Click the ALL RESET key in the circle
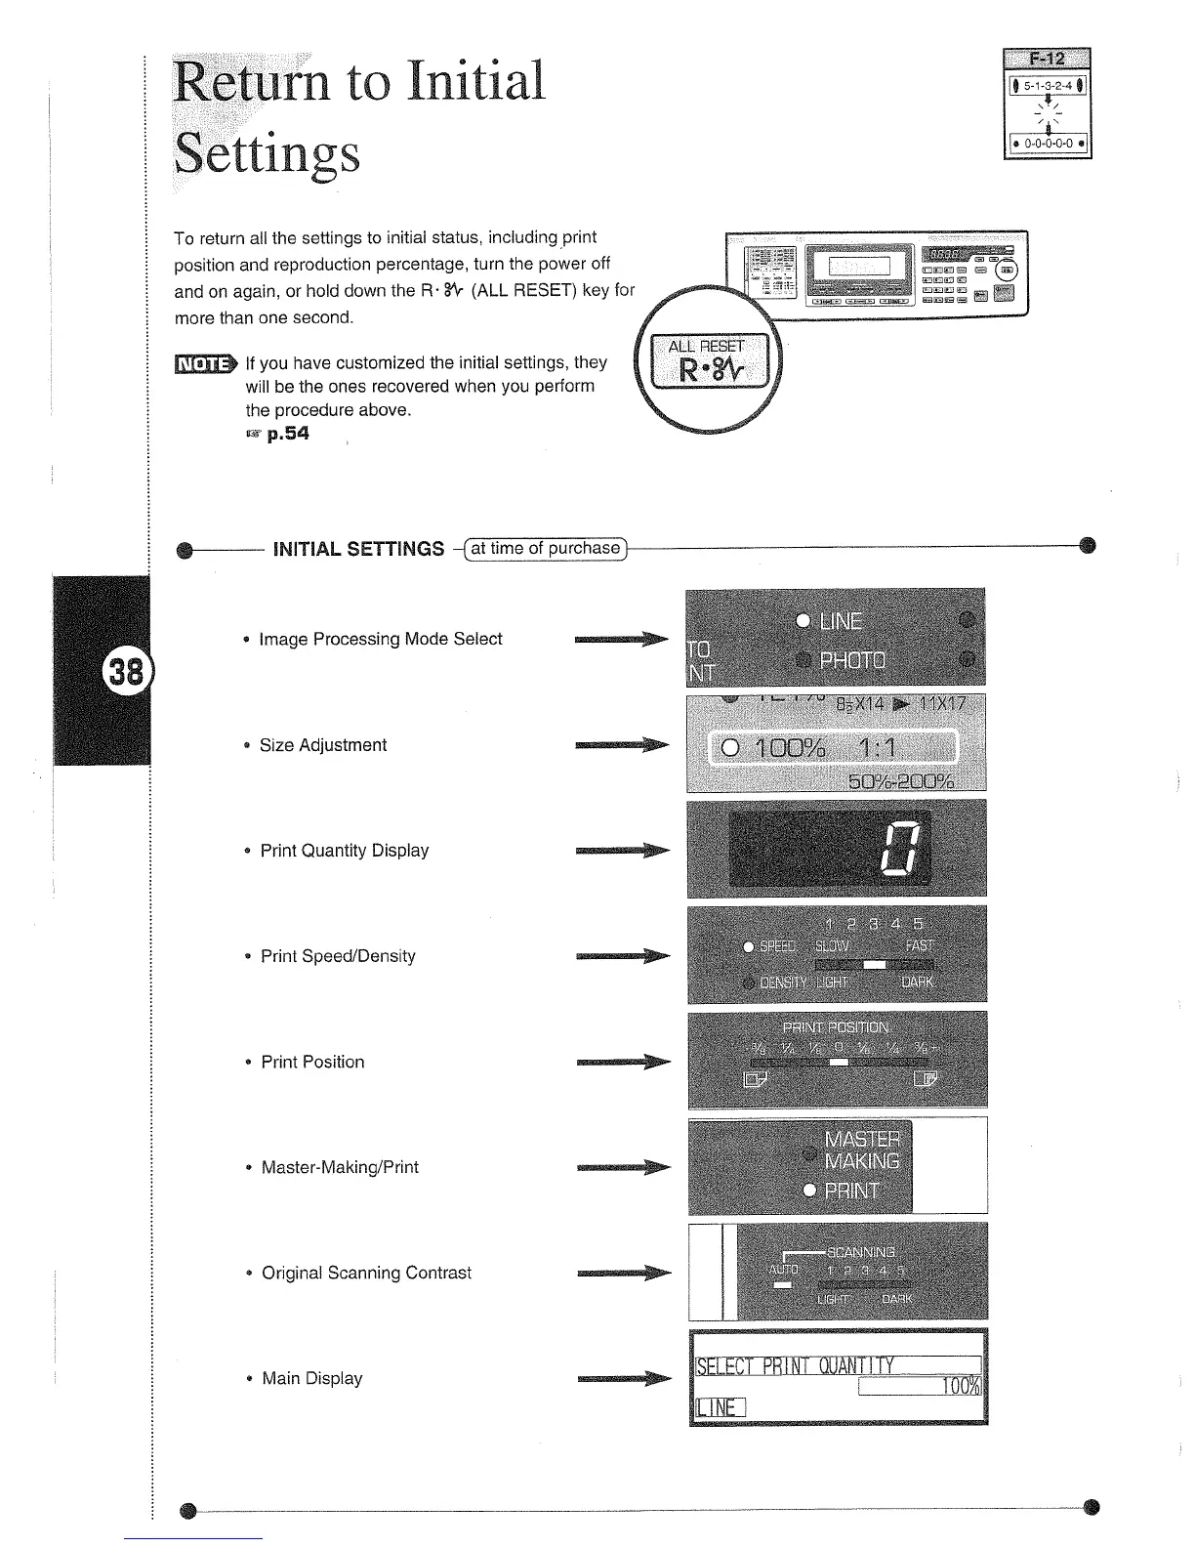click(706, 363)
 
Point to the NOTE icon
click(204, 364)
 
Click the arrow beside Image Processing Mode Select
click(621, 640)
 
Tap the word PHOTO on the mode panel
click(852, 659)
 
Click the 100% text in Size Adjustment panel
click(785, 749)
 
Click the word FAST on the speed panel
click(920, 945)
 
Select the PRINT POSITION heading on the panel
click(836, 1027)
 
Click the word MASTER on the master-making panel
click(863, 1140)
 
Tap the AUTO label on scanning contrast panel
click(783, 1270)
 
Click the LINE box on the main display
click(720, 1406)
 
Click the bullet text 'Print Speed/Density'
click(338, 956)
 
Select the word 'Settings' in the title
click(267, 153)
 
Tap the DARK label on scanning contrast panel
click(896, 1300)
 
